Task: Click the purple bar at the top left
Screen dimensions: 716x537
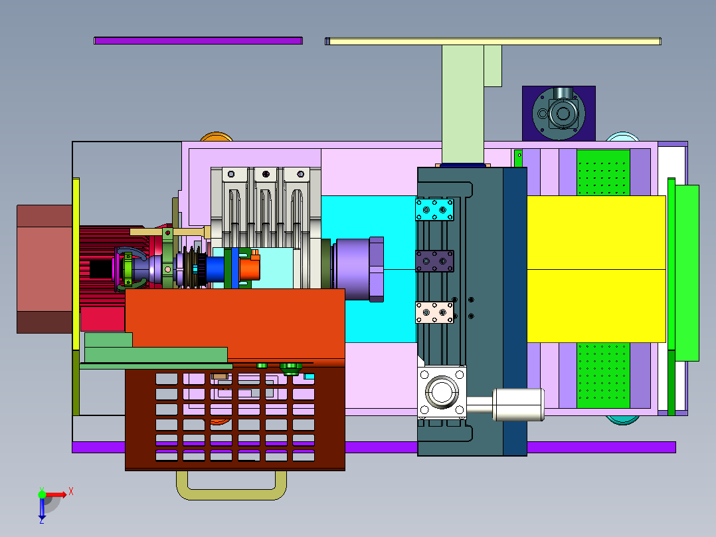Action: click(x=198, y=41)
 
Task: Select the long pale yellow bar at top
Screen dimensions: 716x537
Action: click(x=493, y=42)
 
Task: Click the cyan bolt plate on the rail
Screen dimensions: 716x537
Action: click(x=434, y=209)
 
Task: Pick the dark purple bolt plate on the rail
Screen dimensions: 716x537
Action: click(x=434, y=261)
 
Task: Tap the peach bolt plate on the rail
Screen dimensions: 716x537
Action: click(x=434, y=312)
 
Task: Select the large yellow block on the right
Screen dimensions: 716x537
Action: click(x=596, y=269)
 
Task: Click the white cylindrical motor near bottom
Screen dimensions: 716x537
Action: click(x=518, y=404)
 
